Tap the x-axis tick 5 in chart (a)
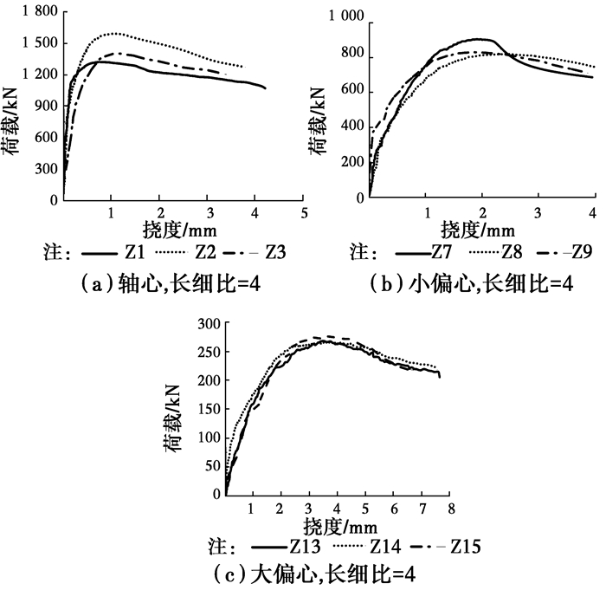click(304, 212)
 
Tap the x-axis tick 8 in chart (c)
click(450, 505)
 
